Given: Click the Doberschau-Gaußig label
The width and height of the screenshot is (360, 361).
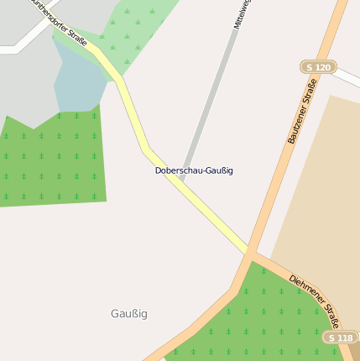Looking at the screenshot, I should [x=194, y=170].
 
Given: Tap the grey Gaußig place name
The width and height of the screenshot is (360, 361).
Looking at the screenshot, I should [x=128, y=314].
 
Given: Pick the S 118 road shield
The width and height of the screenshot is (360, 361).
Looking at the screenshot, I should [x=340, y=337].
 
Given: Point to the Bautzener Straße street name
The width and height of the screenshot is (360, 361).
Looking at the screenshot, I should [x=302, y=111].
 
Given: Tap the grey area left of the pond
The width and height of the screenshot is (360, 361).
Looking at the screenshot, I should [x=25, y=84].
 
